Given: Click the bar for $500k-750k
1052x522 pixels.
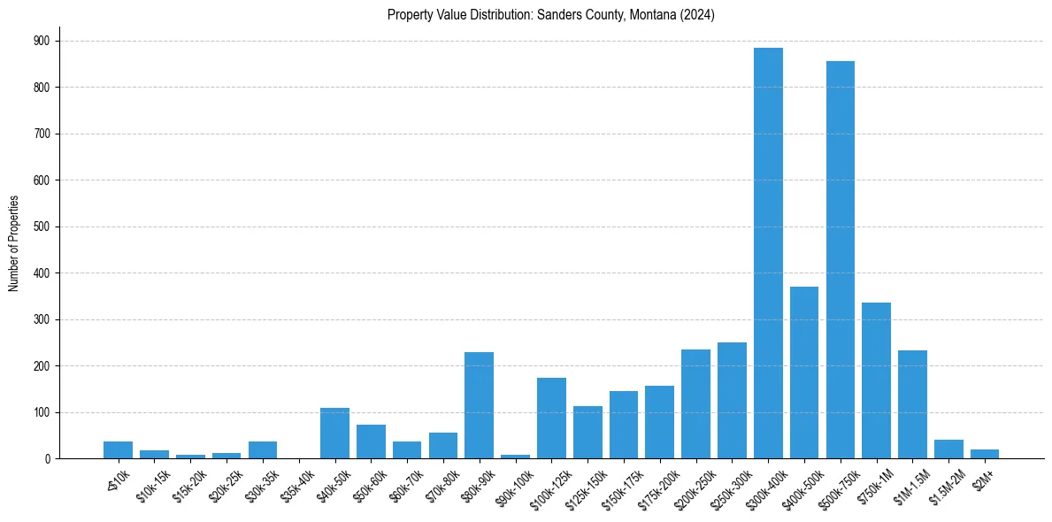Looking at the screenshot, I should pyautogui.click(x=841, y=260).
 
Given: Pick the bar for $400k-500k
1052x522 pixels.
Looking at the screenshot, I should pyautogui.click(x=804, y=372).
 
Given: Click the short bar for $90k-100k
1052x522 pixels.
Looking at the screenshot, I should pyautogui.click(x=515, y=457).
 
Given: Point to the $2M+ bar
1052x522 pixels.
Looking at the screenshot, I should pyautogui.click(x=985, y=454).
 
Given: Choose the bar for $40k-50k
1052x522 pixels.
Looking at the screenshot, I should pyautogui.click(x=334, y=434).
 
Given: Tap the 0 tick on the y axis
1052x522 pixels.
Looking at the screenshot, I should pyautogui.click(x=49, y=459).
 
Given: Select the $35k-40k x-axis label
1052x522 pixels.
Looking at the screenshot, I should pyautogui.click(x=298, y=485).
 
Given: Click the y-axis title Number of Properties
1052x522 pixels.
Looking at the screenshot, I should pyautogui.click(x=14, y=243).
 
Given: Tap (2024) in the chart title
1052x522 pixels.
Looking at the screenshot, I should pyautogui.click(x=699, y=14).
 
